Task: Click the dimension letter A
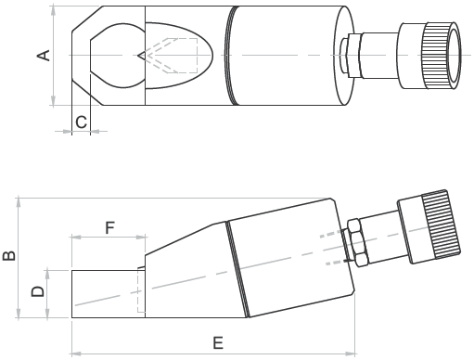click(x=44, y=56)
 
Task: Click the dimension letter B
click(x=9, y=256)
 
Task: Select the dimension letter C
click(x=82, y=122)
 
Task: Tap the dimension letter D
click(x=38, y=291)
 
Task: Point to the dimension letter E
click(x=218, y=343)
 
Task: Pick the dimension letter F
click(x=110, y=228)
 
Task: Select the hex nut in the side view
click(x=358, y=243)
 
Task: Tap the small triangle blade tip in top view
click(x=142, y=56)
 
